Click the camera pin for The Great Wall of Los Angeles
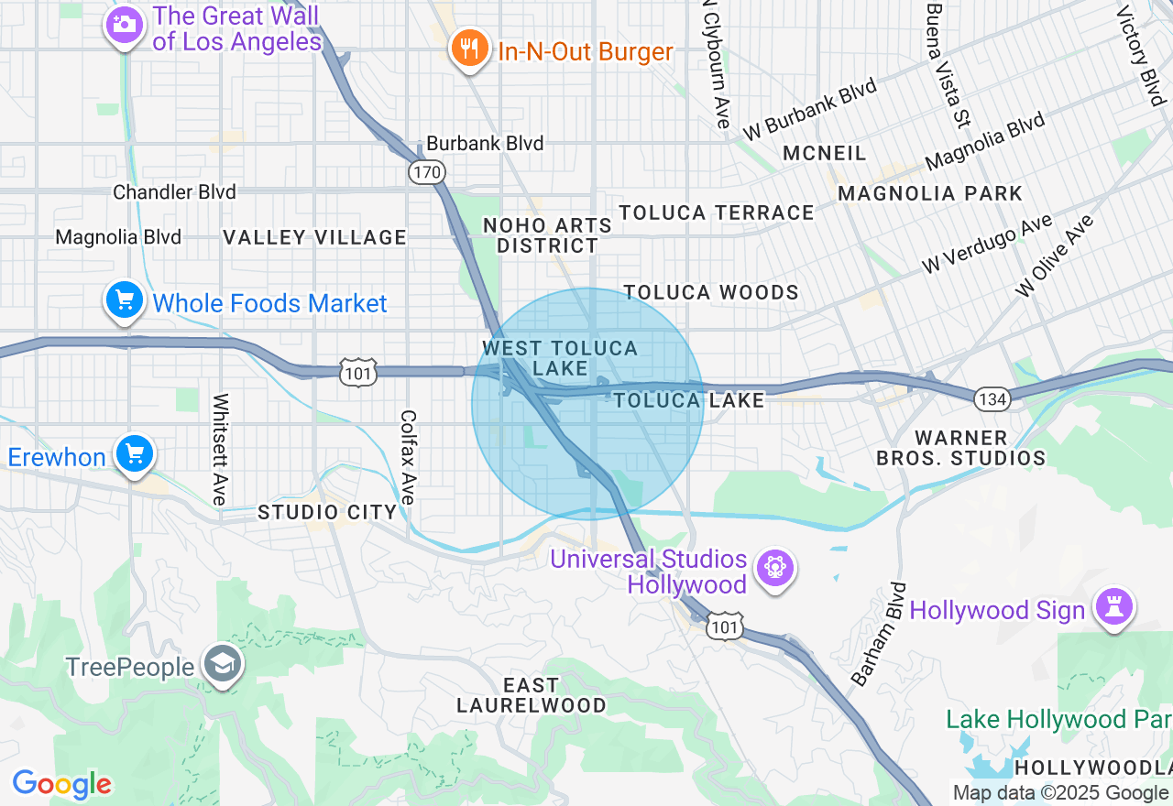(123, 25)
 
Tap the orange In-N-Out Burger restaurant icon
(469, 49)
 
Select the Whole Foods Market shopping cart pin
(124, 301)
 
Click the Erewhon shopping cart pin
(135, 454)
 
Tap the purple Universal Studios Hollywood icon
(775, 569)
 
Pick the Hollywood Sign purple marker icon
(1114, 608)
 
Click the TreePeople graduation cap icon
(223, 667)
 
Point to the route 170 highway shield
(427, 171)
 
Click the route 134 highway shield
(992, 398)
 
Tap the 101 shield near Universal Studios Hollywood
(725, 627)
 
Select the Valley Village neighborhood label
(314, 237)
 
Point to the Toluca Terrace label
(716, 212)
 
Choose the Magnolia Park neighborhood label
(929, 193)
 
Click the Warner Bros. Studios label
(960, 448)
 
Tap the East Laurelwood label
(532, 695)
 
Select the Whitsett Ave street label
(220, 449)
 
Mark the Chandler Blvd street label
(174, 192)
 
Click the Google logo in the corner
(61, 784)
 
